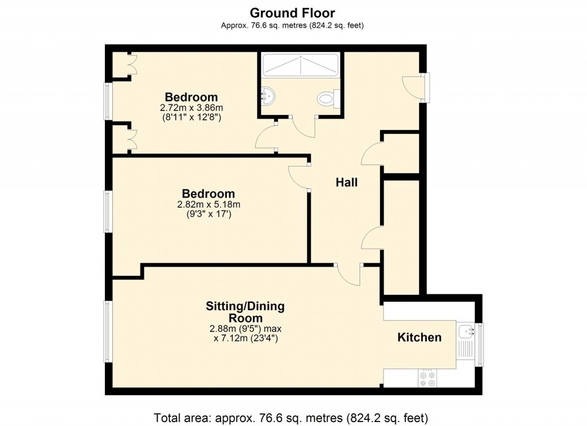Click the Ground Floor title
(x=292, y=13)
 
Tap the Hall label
(x=347, y=183)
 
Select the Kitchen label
(x=420, y=338)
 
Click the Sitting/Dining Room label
(x=245, y=312)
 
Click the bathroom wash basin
(x=267, y=96)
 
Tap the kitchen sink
(x=465, y=331)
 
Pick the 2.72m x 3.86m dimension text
(x=191, y=108)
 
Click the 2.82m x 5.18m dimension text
(x=208, y=204)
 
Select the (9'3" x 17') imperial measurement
(x=208, y=215)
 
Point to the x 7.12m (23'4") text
(x=245, y=338)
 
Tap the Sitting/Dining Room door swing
(x=349, y=275)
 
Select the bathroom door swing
(x=304, y=126)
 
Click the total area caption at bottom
(x=291, y=417)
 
